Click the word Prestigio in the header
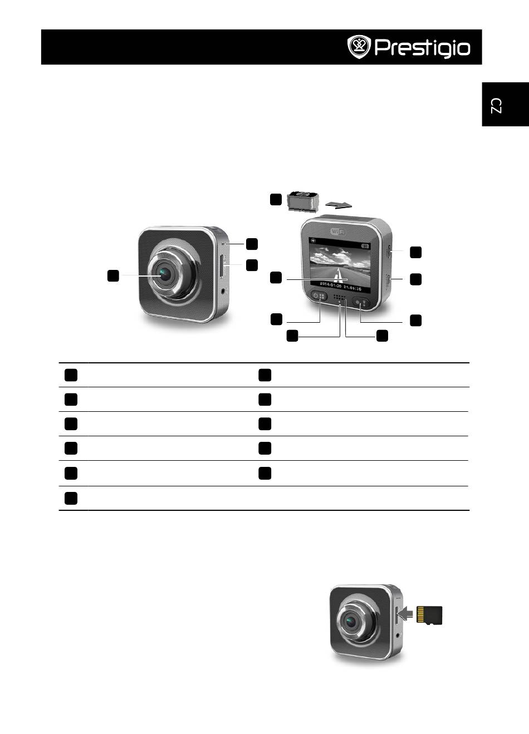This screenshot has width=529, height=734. point(422,48)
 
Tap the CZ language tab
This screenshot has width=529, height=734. point(497,105)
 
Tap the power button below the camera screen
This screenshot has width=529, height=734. point(320,297)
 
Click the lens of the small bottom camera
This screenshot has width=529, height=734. point(351,621)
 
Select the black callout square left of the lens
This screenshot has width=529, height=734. point(113,275)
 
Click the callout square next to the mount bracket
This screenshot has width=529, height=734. point(276,199)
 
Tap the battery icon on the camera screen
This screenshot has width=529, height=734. point(365,246)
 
